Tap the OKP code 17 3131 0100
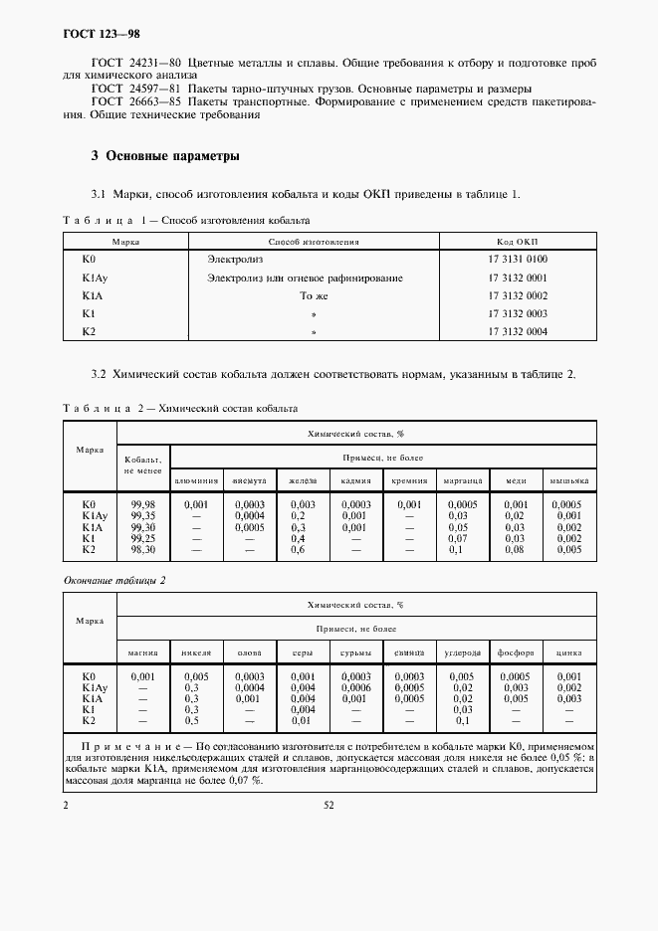click(x=518, y=259)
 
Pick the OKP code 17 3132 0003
click(x=518, y=313)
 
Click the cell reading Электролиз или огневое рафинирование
click(x=305, y=278)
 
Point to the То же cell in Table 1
click(x=314, y=295)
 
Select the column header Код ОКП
click(x=518, y=241)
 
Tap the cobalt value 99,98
click(x=143, y=504)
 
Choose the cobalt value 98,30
click(x=143, y=549)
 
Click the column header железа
click(x=303, y=480)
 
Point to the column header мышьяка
click(x=569, y=480)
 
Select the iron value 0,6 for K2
click(x=298, y=549)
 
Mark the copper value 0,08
click(x=515, y=549)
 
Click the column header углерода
click(x=462, y=652)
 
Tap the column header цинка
click(x=569, y=652)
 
